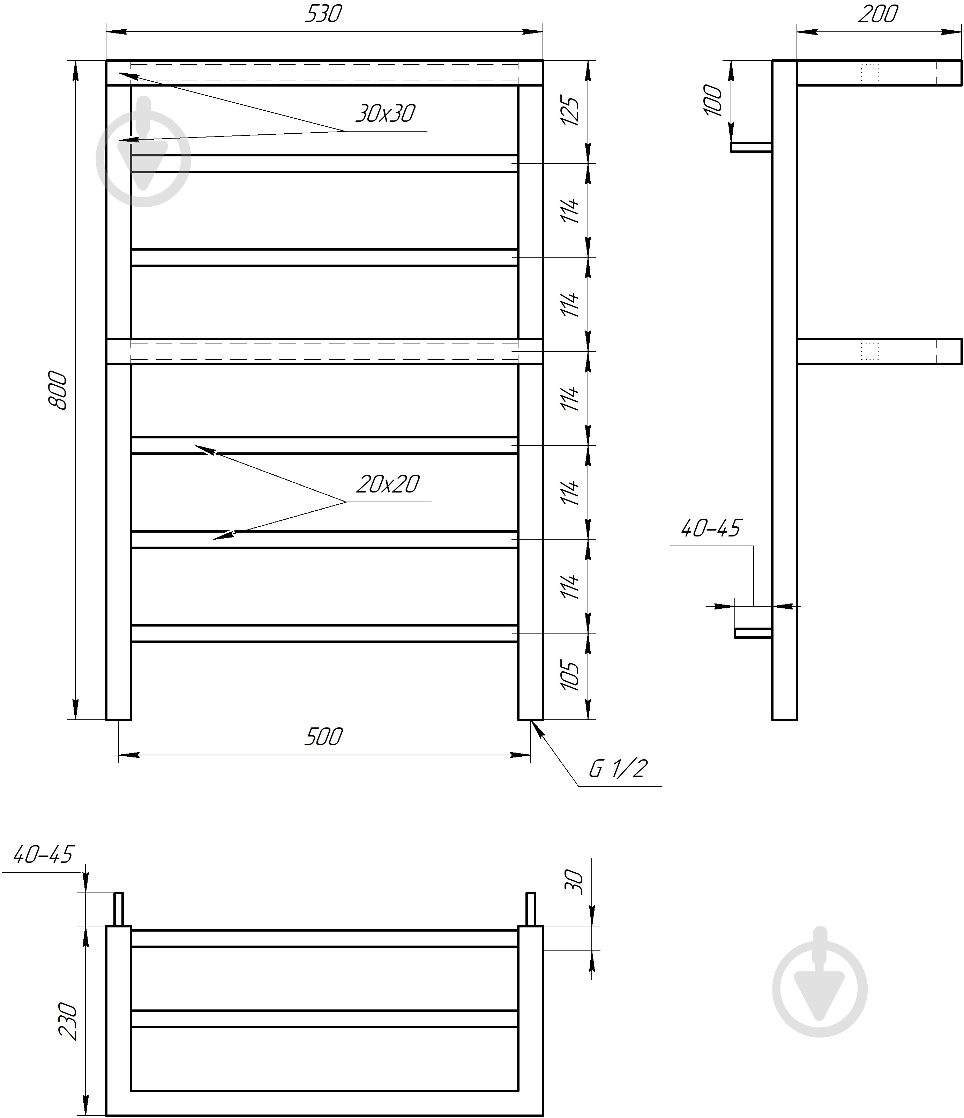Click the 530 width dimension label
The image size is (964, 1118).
click(x=324, y=14)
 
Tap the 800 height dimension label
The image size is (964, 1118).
click(x=58, y=390)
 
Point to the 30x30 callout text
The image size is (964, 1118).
click(x=385, y=113)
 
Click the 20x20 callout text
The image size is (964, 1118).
click(x=387, y=484)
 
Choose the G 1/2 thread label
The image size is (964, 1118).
click(x=617, y=768)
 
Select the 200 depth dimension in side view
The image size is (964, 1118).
click(x=878, y=14)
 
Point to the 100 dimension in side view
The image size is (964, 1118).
click(x=713, y=101)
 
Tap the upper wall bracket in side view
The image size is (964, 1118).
click(x=751, y=147)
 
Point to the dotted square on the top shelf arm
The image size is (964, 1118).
click(x=869, y=73)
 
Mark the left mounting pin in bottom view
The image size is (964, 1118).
click(x=118, y=909)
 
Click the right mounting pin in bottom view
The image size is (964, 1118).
click(x=531, y=909)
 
